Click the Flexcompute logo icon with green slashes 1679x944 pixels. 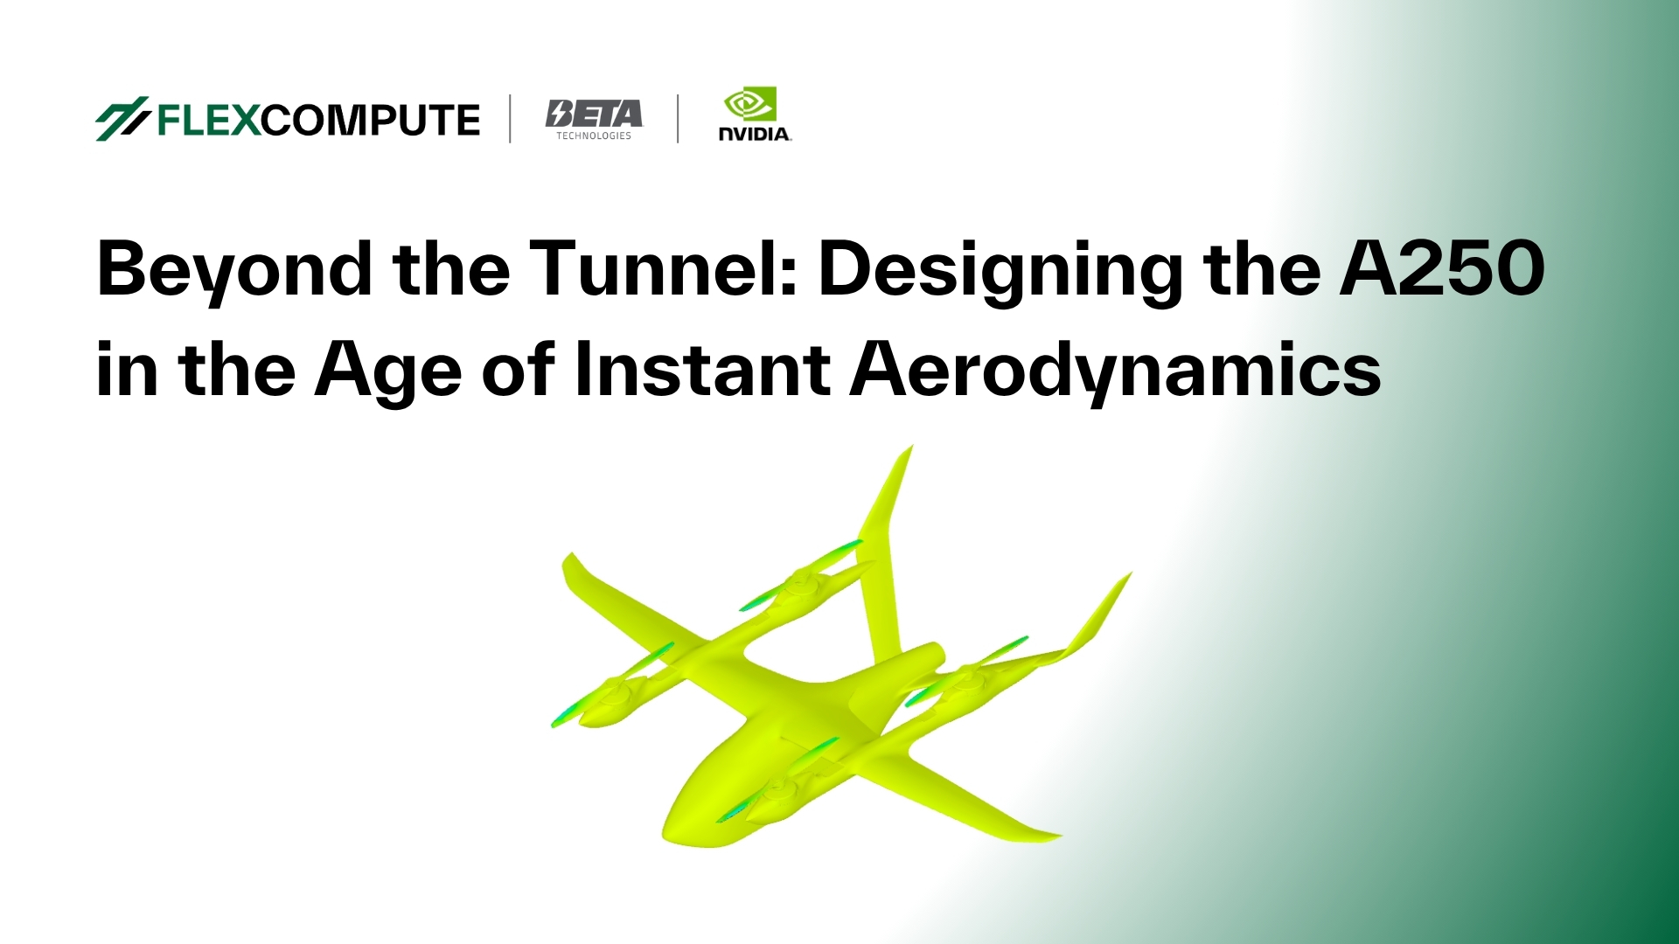(122, 118)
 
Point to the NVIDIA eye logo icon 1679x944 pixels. (749, 105)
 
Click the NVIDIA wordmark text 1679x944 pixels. (755, 134)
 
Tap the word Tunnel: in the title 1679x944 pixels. (664, 268)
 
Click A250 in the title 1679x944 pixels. (1442, 268)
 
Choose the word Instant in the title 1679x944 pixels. (701, 370)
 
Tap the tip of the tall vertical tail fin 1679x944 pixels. (909, 450)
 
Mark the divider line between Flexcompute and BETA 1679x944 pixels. (510, 119)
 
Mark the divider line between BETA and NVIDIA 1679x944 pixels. (678, 119)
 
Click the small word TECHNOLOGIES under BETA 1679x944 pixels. (594, 136)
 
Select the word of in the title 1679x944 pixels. (518, 370)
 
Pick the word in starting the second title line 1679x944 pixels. (126, 370)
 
